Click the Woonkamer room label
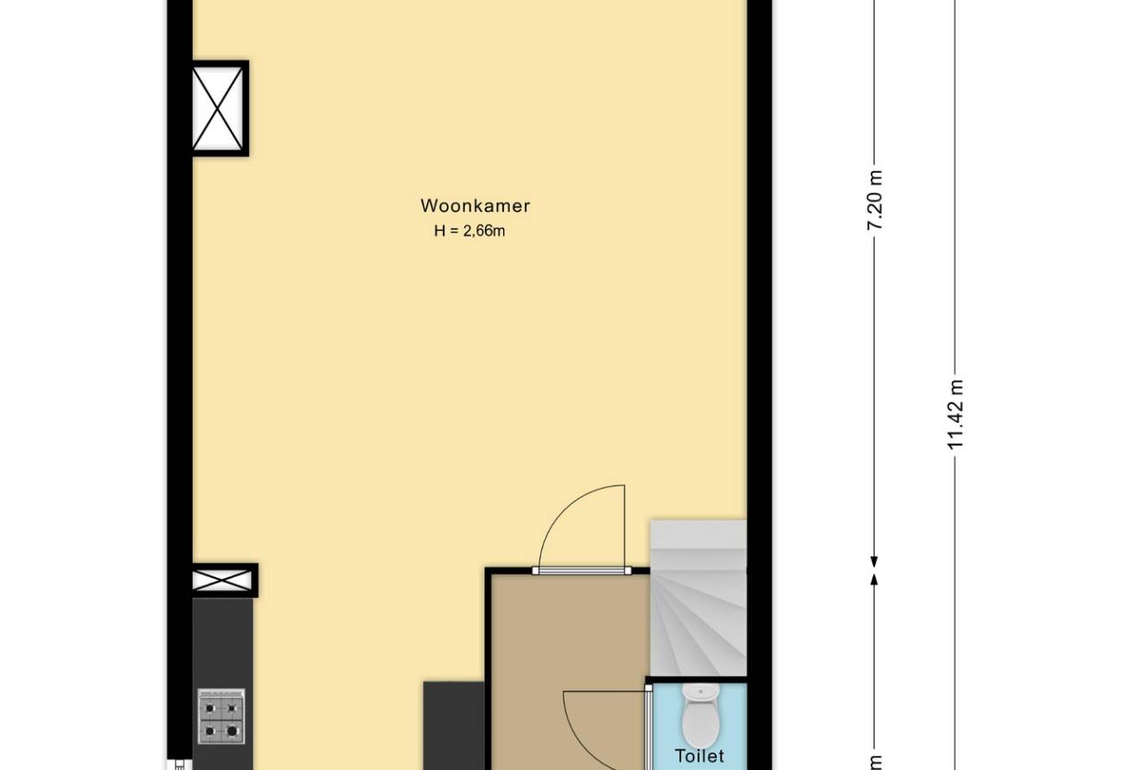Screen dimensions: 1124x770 (475, 206)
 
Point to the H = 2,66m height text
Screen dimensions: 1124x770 (469, 231)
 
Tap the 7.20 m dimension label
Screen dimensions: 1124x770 (875, 200)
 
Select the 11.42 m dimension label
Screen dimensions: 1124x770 (955, 414)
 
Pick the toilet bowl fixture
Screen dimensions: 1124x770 (700, 715)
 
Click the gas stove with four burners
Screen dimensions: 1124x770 (221, 715)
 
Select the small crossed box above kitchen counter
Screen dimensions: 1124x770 (223, 581)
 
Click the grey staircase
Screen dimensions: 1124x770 (698, 598)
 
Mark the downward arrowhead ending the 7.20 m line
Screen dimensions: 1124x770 (874, 562)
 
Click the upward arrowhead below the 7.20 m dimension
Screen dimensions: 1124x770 (874, 580)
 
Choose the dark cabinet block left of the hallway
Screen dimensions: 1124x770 (454, 726)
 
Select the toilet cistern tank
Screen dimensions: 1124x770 (700, 692)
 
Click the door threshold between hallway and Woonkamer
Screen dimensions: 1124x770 (582, 571)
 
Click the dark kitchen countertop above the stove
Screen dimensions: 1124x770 (223, 643)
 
